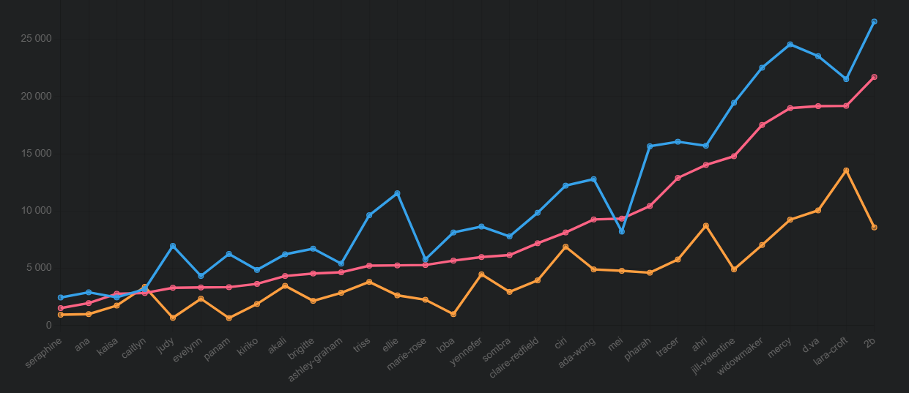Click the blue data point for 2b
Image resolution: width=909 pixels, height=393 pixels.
click(x=874, y=22)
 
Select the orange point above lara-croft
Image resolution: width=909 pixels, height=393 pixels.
click(x=846, y=171)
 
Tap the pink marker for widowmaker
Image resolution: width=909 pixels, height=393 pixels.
click(x=762, y=125)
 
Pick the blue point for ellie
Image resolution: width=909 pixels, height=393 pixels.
click(x=397, y=193)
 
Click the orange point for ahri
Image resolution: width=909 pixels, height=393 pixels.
click(x=705, y=225)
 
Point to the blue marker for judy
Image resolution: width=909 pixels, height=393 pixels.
click(x=173, y=246)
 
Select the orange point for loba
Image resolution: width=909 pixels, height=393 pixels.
click(x=453, y=314)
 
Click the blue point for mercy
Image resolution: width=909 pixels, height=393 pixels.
click(x=790, y=45)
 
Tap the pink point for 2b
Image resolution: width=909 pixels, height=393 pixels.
click(x=874, y=77)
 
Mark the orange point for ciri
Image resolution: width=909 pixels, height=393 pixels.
click(x=565, y=247)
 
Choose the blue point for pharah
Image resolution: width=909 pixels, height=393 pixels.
click(x=650, y=146)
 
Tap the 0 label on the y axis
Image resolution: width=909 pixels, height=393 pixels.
click(x=48, y=325)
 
